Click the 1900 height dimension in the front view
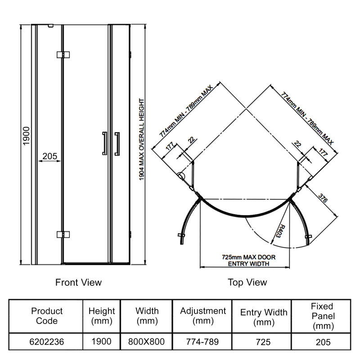[26, 135]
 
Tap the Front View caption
[78, 283]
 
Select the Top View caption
[247, 283]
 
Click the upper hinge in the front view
[63, 54]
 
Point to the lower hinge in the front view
[63, 234]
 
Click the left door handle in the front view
[104, 144]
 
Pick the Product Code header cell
[47, 316]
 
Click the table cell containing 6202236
[47, 342]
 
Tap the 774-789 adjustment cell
[203, 342]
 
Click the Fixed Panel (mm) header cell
[322, 316]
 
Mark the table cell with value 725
[264, 342]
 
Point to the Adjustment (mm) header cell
[203, 316]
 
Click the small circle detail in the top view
[181, 176]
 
